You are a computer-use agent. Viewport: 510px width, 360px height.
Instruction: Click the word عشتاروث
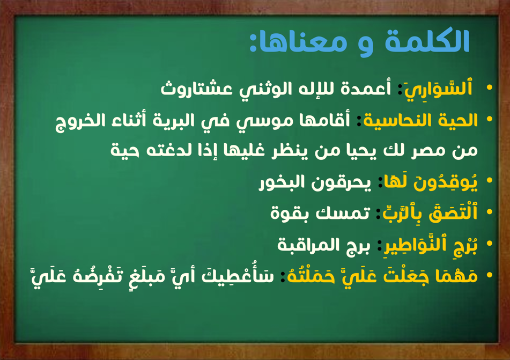[196, 89]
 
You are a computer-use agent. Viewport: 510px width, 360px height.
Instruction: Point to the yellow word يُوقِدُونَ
[445, 182]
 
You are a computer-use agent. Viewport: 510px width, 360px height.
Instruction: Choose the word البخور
[282, 182]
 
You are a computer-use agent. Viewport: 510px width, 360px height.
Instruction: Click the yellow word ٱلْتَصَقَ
[453, 213]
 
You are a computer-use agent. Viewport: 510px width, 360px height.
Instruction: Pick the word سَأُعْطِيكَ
[238, 275]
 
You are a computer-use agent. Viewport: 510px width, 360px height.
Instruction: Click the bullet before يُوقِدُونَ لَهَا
[490, 180]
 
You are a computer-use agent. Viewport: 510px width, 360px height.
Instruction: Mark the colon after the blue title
[253, 46]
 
